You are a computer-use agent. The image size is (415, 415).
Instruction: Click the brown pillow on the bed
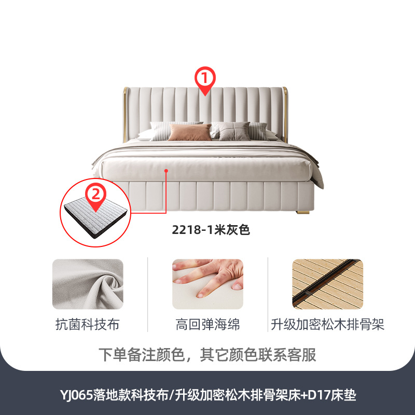(189, 132)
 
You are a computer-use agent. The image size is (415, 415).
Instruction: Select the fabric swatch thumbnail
(88, 284)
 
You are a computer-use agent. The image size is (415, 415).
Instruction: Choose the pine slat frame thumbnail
(327, 284)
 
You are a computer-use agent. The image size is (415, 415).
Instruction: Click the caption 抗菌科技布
(88, 325)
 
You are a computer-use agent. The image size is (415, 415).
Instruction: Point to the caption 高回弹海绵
(208, 325)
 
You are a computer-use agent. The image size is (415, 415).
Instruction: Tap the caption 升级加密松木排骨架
(327, 325)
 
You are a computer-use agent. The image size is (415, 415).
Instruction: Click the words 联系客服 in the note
(292, 355)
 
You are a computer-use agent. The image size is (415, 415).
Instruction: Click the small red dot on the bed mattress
(167, 170)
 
